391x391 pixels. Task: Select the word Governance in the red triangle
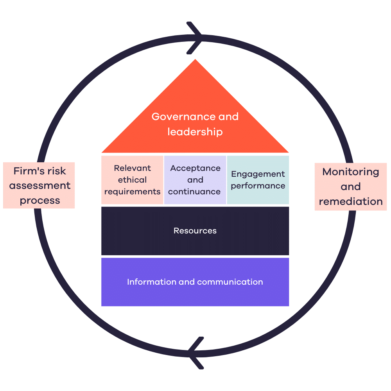pyautogui.click(x=178, y=117)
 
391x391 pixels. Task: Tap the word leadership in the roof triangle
pyautogui.click(x=195, y=132)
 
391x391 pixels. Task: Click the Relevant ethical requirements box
pyautogui.click(x=133, y=180)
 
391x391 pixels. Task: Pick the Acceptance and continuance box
pyautogui.click(x=195, y=180)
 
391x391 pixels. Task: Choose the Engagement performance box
pyautogui.click(x=258, y=180)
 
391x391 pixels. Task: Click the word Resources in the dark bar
pyautogui.click(x=195, y=231)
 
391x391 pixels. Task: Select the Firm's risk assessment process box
pyautogui.click(x=39, y=186)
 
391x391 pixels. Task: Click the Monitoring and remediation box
pyautogui.click(x=351, y=187)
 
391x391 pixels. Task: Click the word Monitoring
pyautogui.click(x=351, y=172)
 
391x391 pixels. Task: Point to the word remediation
pyautogui.click(x=351, y=202)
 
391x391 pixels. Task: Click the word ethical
pyautogui.click(x=133, y=180)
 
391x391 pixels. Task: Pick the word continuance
pyautogui.click(x=194, y=192)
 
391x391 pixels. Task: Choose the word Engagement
pyautogui.click(x=258, y=174)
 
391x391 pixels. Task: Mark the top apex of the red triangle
pyautogui.click(x=195, y=60)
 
